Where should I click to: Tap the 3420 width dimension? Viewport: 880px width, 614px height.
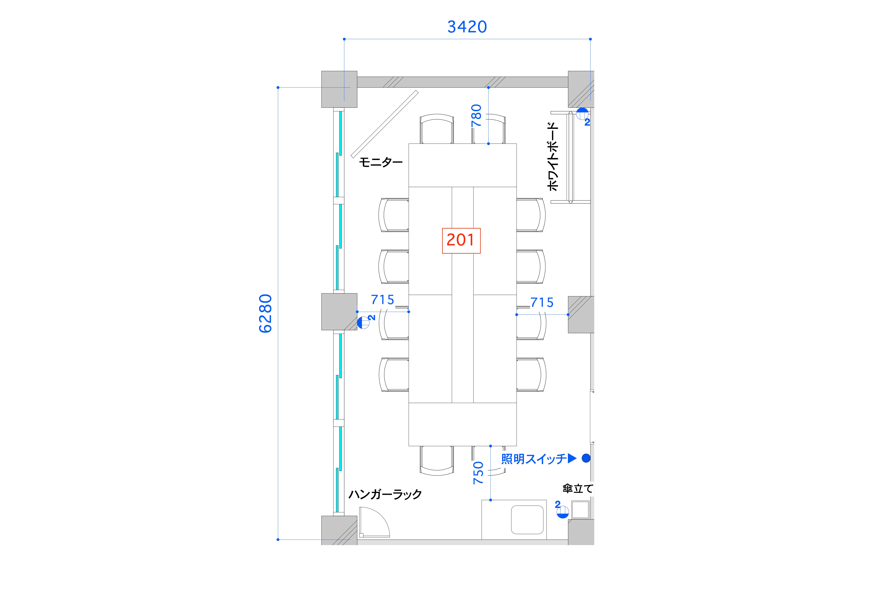467,27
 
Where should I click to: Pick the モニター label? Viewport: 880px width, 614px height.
381,163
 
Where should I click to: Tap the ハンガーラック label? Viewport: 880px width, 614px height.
385,494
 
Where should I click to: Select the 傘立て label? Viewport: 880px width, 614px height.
578,489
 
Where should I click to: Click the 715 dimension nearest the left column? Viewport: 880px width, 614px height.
382,300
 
